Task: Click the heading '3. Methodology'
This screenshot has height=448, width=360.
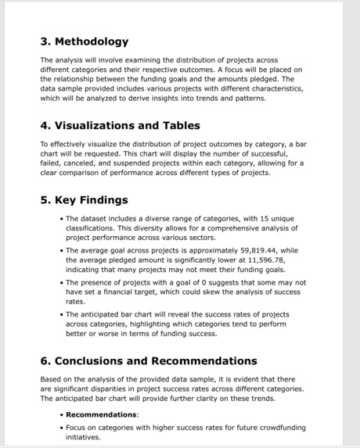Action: pyautogui.click(x=84, y=41)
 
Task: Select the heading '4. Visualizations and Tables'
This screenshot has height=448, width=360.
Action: pyautogui.click(x=120, y=125)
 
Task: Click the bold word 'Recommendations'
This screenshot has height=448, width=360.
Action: pyautogui.click(x=101, y=414)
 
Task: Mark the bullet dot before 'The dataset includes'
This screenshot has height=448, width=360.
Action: pyautogui.click(x=61, y=219)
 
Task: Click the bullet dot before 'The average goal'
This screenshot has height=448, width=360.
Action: pyautogui.click(x=61, y=250)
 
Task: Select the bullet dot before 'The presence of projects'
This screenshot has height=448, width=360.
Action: pyautogui.click(x=61, y=282)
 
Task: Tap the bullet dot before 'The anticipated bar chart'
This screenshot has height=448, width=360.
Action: pyautogui.click(x=61, y=314)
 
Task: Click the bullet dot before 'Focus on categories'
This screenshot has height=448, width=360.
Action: pyautogui.click(x=61, y=428)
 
